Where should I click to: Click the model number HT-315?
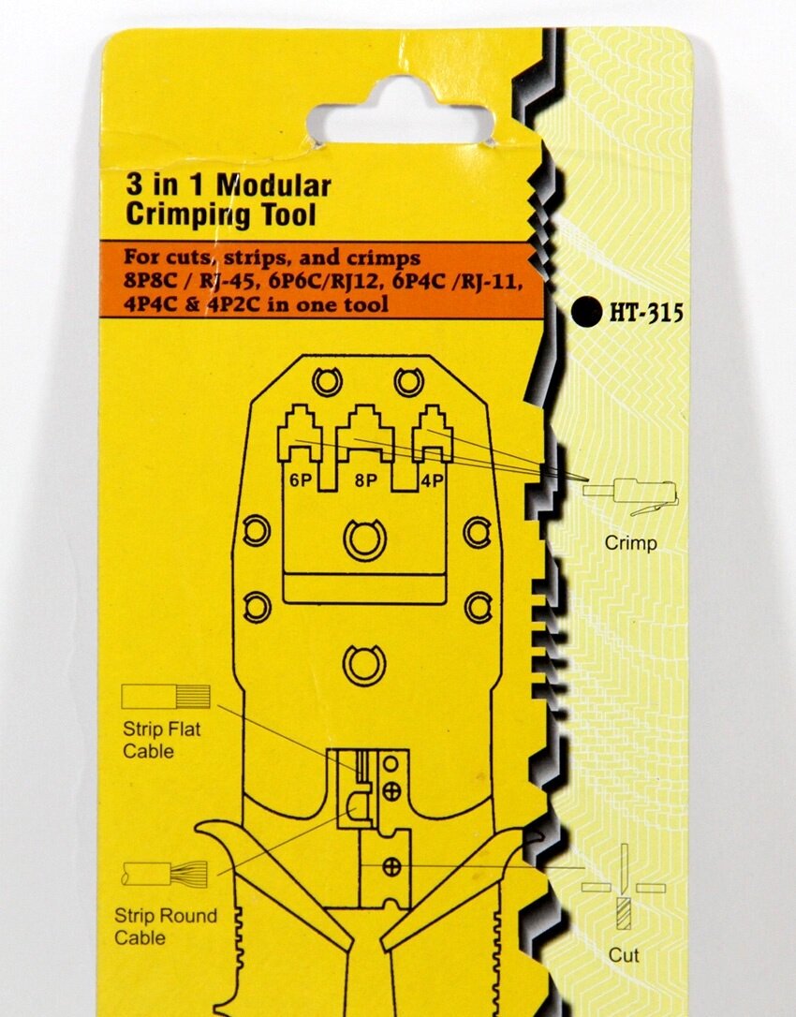click(x=646, y=313)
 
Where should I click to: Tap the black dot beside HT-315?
click(x=587, y=313)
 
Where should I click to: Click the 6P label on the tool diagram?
click(x=299, y=481)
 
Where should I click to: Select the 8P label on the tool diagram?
click(x=364, y=481)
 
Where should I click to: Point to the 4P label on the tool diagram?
click(x=432, y=481)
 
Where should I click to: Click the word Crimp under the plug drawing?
click(x=630, y=542)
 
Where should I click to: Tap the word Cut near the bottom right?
click(x=624, y=955)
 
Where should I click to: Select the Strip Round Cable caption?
click(x=165, y=926)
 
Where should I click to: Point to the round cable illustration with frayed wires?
click(x=165, y=875)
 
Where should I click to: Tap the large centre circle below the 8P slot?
click(x=364, y=539)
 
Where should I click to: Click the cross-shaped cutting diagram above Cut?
click(x=624, y=887)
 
